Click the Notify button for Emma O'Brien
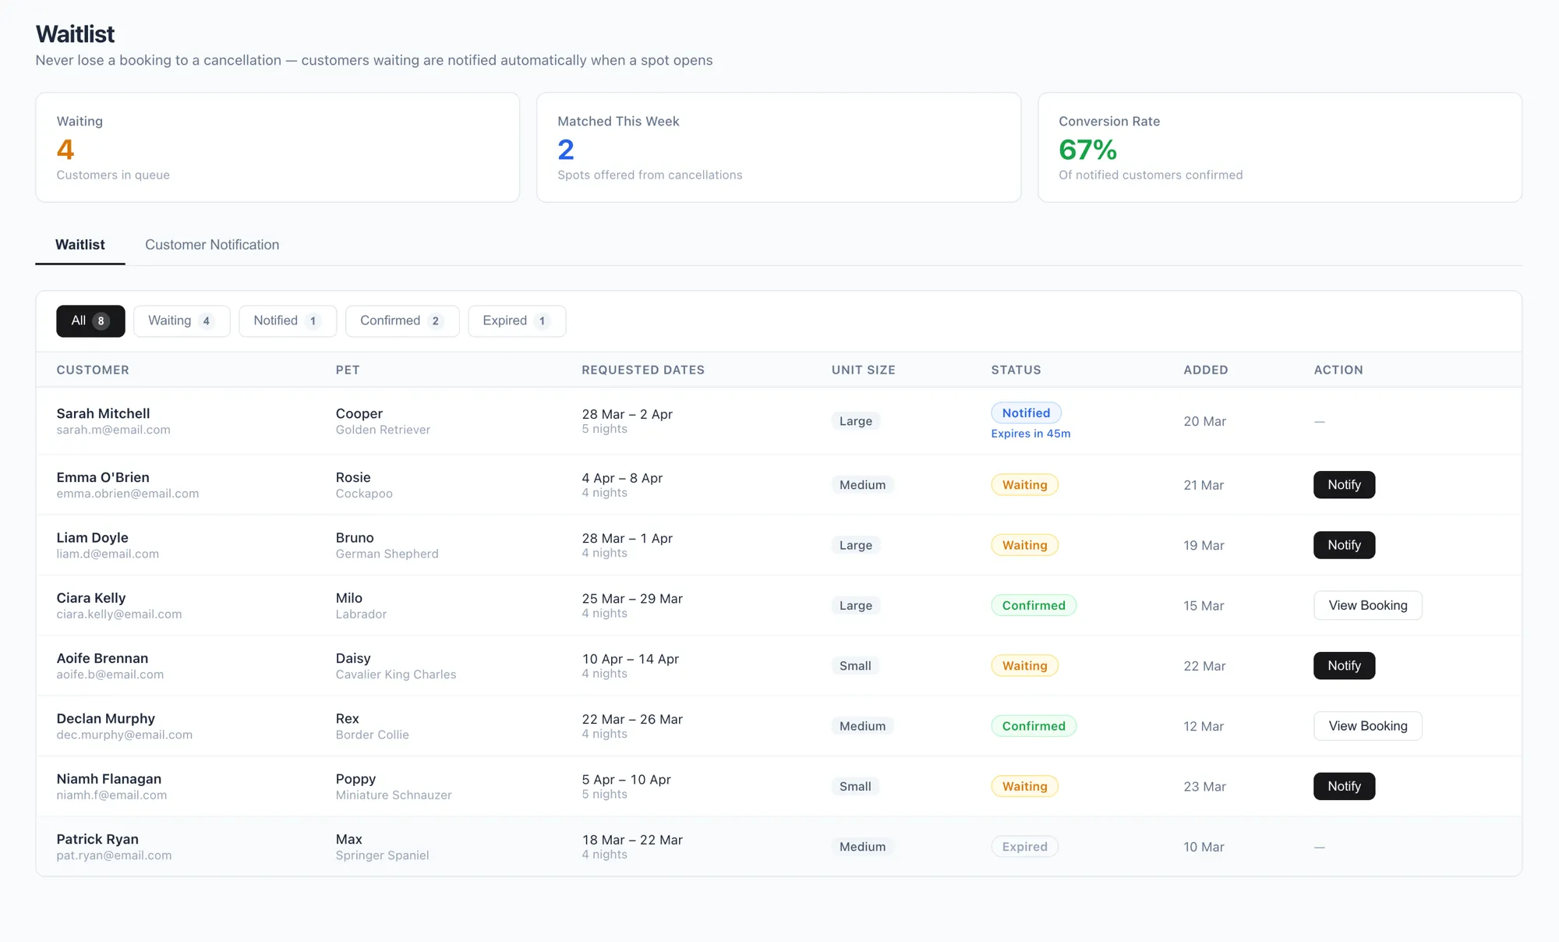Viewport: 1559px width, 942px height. [x=1344, y=484]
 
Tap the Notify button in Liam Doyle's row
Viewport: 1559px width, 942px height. [x=1344, y=545]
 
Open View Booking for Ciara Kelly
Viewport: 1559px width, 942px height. [x=1367, y=605]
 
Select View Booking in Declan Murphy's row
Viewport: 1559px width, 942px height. [x=1367, y=726]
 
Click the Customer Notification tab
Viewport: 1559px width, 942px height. [x=212, y=245]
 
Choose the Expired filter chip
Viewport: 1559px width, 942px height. [x=516, y=320]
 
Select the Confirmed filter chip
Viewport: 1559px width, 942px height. [x=401, y=320]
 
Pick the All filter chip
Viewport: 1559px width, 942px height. [x=90, y=320]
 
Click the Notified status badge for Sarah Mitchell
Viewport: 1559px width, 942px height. [x=1026, y=413]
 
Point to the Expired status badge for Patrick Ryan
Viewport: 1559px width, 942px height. [x=1024, y=847]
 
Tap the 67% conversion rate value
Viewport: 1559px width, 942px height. [x=1087, y=150]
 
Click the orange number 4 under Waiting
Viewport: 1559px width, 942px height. [x=65, y=150]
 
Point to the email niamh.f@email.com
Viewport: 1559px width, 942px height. [x=111, y=795]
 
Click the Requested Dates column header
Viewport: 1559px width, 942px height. [x=643, y=370]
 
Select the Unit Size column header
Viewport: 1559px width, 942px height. [x=863, y=370]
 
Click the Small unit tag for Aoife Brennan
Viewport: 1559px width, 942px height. [x=855, y=666]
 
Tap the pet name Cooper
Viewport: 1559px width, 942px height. [x=359, y=413]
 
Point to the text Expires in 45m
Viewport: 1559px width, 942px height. [x=1030, y=434]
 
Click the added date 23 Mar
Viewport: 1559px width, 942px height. [x=1204, y=786]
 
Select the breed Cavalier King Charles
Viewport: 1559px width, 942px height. [x=396, y=675]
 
